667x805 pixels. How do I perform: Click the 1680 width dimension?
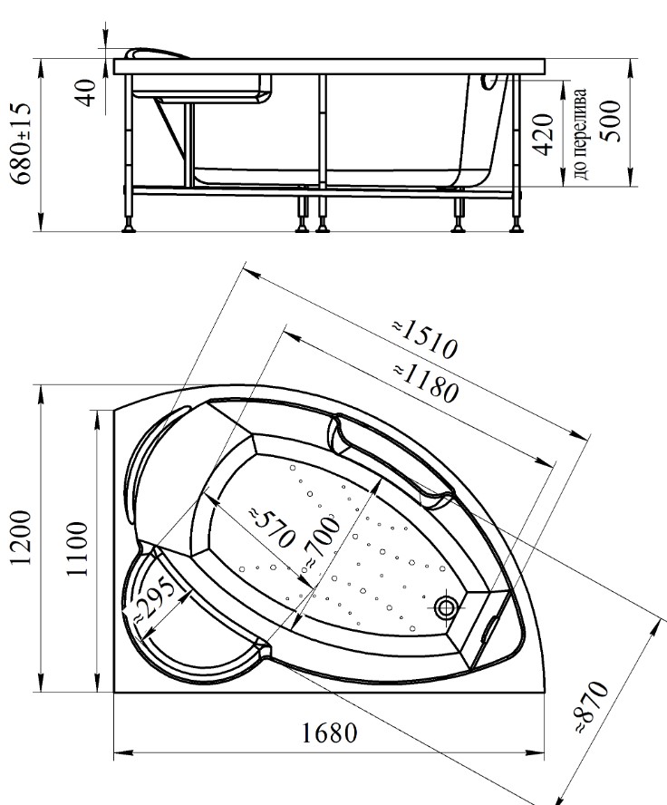[x=328, y=733]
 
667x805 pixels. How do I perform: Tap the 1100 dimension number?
[x=78, y=548]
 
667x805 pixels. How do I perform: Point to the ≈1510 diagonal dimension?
[x=424, y=339]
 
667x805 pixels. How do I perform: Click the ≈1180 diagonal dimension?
[x=424, y=383]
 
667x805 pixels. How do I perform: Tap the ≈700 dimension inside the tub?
[x=322, y=541]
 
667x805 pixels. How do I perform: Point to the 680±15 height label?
[x=22, y=143]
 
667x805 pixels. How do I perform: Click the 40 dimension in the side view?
[x=87, y=92]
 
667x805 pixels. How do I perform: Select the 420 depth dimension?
[x=543, y=134]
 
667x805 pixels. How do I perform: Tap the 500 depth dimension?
[x=611, y=121]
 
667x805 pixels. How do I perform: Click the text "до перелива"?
[x=579, y=134]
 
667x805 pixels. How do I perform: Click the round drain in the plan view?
[x=445, y=608]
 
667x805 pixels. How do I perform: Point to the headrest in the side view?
[x=157, y=53]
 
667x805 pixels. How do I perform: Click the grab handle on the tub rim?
[x=390, y=460]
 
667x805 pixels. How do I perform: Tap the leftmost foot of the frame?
[x=129, y=226]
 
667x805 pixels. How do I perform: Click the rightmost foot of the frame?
[x=517, y=226]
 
